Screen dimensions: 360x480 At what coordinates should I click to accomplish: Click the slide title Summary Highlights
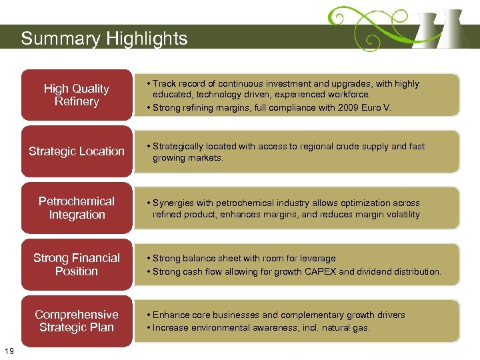pos(104,39)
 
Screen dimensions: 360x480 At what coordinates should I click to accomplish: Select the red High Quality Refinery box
pos(76,95)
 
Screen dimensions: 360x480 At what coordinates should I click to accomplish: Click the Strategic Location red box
pos(76,151)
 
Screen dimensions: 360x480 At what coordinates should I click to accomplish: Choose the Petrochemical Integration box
pos(76,208)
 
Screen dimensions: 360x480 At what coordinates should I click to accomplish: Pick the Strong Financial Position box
pos(76,265)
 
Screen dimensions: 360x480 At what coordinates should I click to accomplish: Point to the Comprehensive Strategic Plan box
pos(76,321)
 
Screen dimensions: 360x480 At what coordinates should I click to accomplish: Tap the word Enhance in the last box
pos(171,315)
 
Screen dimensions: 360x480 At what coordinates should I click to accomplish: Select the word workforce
pos(349,95)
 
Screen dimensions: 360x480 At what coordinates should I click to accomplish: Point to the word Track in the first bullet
pos(164,84)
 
